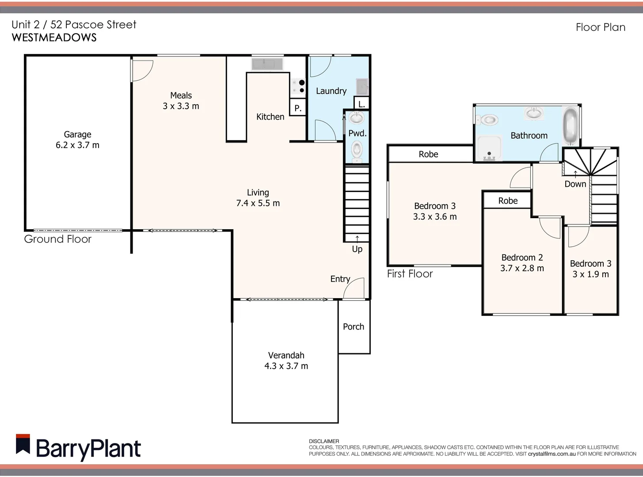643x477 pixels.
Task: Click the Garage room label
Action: [x=77, y=135]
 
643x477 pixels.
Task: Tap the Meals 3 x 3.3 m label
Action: [x=181, y=101]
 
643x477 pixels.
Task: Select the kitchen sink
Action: [x=267, y=64]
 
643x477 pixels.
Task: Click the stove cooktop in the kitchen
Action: [x=298, y=87]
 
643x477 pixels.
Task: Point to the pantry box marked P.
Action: [x=298, y=108]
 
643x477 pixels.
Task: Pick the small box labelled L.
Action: [x=361, y=104]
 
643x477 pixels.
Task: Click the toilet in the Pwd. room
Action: [x=357, y=150]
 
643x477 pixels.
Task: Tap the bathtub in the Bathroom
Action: [x=571, y=125]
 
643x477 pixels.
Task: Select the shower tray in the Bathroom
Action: [x=489, y=148]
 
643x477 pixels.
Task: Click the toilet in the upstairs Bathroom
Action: [x=487, y=120]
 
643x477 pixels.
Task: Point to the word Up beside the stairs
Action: [x=357, y=249]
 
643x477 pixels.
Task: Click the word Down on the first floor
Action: [x=575, y=184]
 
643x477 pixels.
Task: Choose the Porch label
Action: [x=354, y=327]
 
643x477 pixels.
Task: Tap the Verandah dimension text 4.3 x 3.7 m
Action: [x=286, y=366]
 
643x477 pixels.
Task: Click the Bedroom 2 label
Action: [x=522, y=257]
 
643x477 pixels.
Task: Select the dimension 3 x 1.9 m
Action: [x=590, y=274]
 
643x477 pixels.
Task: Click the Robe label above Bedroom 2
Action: [x=508, y=201]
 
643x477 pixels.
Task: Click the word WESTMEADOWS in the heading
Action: [x=54, y=38]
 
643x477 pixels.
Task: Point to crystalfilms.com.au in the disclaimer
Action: [x=552, y=454]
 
